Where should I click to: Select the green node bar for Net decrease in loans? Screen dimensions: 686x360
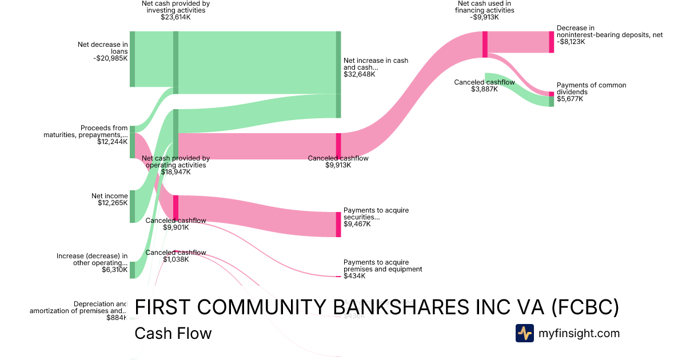tap(132, 59)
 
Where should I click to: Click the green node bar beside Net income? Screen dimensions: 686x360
tap(132, 206)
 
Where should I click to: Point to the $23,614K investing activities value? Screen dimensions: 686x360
tap(176, 17)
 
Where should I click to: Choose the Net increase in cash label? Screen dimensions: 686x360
tap(376, 63)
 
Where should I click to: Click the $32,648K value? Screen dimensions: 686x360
tap(360, 74)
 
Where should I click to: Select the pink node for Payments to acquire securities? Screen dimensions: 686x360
tap(338, 224)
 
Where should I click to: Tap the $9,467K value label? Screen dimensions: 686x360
tap(357, 224)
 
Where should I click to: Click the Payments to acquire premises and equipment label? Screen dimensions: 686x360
tap(382, 266)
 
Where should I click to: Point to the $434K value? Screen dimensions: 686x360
tap(354, 276)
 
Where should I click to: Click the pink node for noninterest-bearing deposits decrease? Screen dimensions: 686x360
tap(552, 42)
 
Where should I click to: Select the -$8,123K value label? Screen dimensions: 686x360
tap(571, 42)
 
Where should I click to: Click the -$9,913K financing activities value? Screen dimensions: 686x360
tap(485, 17)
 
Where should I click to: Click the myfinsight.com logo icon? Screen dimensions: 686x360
tap(524, 333)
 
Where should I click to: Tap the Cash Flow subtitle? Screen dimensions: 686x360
tap(173, 333)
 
